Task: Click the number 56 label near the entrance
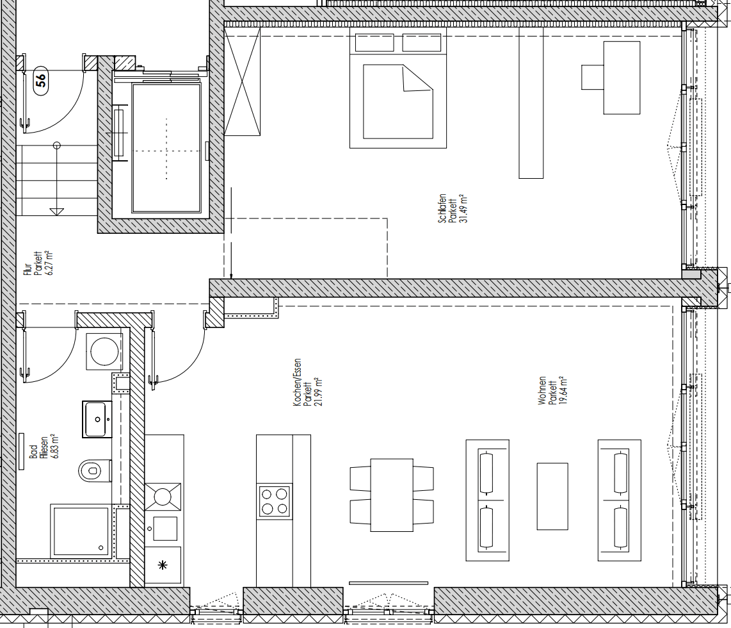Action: pyautogui.click(x=40, y=80)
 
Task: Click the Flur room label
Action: pyautogui.click(x=33, y=263)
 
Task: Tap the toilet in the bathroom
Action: pyautogui.click(x=93, y=471)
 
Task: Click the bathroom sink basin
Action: pyautogui.click(x=97, y=419)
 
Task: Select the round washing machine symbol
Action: pyautogui.click(x=103, y=350)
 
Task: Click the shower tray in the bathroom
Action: pyautogui.click(x=81, y=531)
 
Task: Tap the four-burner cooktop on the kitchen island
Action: pyautogui.click(x=274, y=501)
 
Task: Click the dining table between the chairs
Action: pyautogui.click(x=392, y=495)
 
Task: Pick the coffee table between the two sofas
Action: pyautogui.click(x=552, y=496)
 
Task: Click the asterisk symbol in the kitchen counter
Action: pyautogui.click(x=163, y=565)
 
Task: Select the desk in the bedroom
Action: pyautogui.click(x=621, y=78)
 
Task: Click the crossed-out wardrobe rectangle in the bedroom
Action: pyautogui.click(x=243, y=81)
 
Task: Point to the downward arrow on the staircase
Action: pyautogui.click(x=57, y=210)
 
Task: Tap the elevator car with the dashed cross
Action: pyautogui.click(x=166, y=148)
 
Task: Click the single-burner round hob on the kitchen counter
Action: pyautogui.click(x=163, y=496)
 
